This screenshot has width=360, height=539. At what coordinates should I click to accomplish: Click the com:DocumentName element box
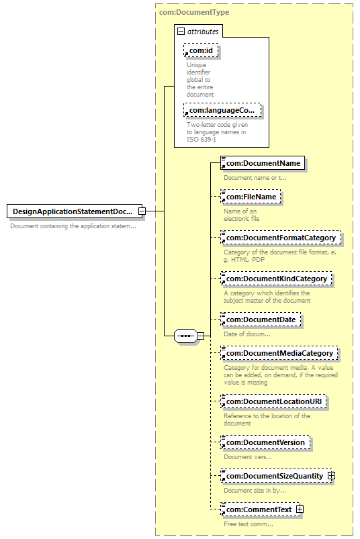click(263, 163)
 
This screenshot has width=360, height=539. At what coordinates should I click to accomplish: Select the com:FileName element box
click(251, 197)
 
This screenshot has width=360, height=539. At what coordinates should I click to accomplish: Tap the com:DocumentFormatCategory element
click(281, 238)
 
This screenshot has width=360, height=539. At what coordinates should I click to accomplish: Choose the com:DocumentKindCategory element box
click(277, 279)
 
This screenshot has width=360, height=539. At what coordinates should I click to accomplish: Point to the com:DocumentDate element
click(261, 320)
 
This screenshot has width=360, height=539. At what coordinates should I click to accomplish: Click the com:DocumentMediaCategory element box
click(279, 353)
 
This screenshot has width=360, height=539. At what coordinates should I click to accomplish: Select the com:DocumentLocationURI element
click(273, 401)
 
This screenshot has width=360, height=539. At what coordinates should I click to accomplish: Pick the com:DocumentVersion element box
click(265, 442)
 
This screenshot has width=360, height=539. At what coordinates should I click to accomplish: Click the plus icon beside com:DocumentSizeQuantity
click(331, 476)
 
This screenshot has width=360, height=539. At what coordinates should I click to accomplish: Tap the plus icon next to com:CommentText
click(300, 509)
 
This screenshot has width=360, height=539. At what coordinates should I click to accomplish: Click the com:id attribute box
click(201, 50)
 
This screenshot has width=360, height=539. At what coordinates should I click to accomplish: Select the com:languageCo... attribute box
click(222, 110)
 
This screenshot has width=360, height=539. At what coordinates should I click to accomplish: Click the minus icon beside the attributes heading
click(181, 32)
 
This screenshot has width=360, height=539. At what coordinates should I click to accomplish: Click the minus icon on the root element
click(142, 211)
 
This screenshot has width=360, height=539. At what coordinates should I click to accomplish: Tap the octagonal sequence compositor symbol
click(185, 336)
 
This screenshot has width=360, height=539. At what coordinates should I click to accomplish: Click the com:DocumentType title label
click(194, 12)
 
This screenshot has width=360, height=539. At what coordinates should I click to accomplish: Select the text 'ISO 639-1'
click(201, 140)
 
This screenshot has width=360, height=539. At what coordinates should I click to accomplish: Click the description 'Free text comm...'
click(249, 524)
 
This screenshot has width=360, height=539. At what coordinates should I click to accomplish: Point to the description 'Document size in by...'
click(255, 491)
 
